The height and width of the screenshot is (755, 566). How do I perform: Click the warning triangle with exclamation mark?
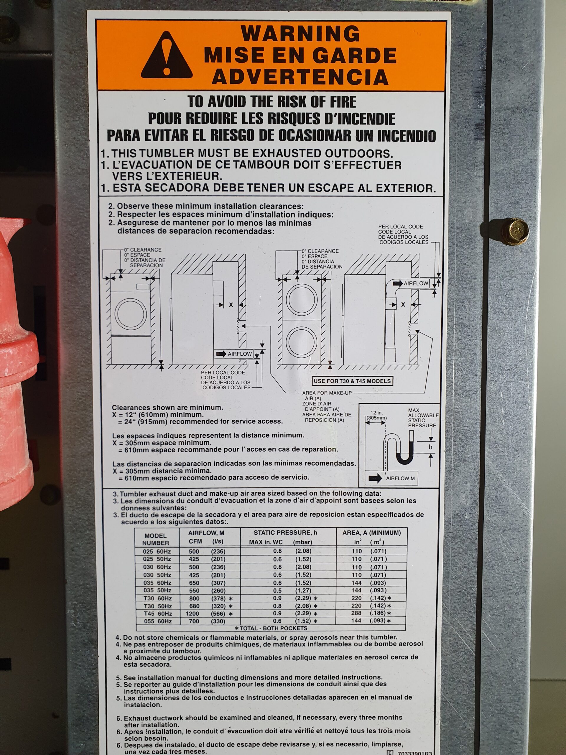tap(167, 55)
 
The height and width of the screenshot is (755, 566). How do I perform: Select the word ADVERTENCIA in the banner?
tap(300, 76)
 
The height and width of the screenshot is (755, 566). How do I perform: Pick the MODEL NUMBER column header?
tap(156, 539)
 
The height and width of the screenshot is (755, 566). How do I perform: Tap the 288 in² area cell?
tap(356, 614)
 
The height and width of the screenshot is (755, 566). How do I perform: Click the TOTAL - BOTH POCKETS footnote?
tap(271, 628)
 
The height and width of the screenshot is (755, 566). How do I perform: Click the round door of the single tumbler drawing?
tap(131, 314)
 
